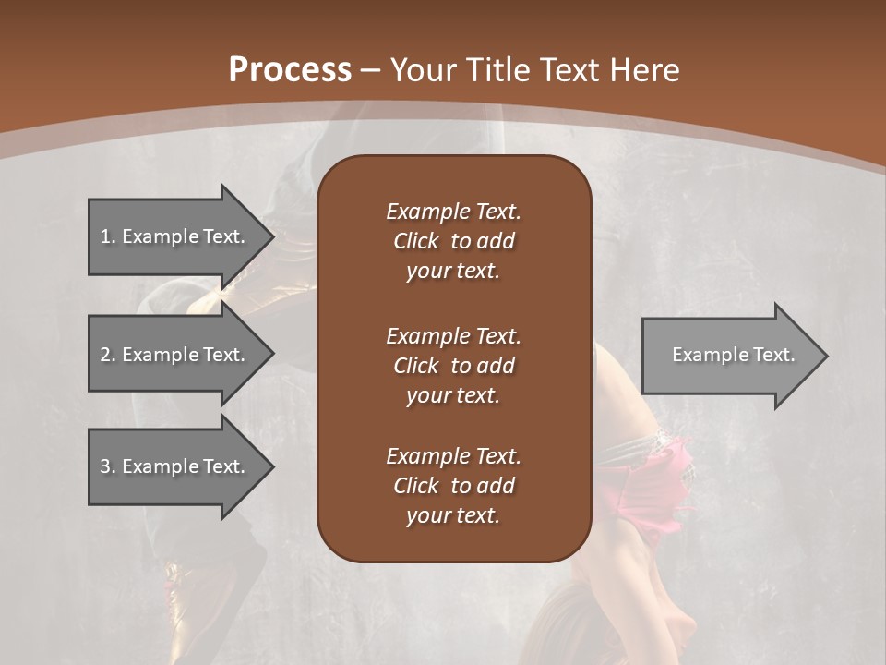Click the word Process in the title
(x=290, y=70)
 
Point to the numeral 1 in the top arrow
(x=105, y=236)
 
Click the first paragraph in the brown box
(x=453, y=241)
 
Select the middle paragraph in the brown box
(x=453, y=366)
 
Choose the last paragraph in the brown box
(x=453, y=486)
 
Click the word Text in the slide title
(x=570, y=70)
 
